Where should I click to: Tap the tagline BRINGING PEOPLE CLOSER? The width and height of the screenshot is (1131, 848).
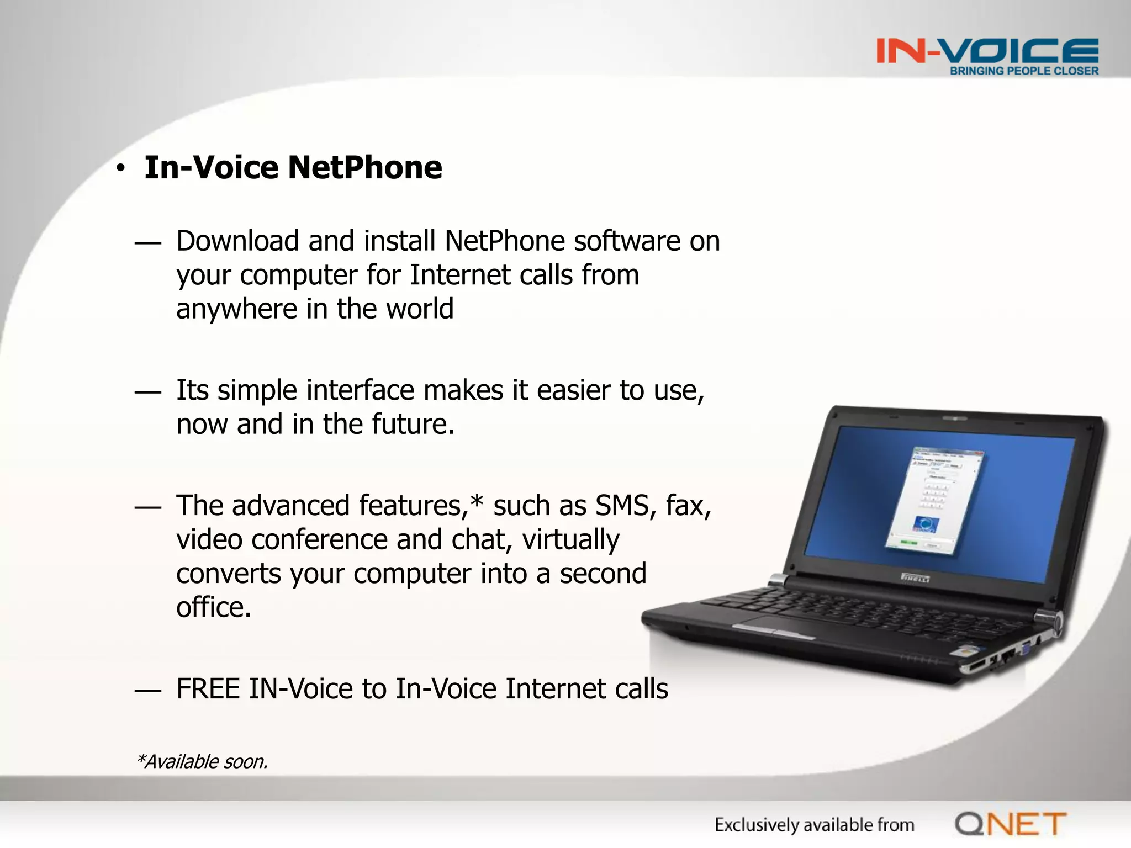[x=1024, y=71]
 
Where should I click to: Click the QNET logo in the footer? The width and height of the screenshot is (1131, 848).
[x=1011, y=824]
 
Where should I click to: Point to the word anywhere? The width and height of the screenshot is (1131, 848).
[x=236, y=309]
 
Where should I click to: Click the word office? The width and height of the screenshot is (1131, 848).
[x=213, y=607]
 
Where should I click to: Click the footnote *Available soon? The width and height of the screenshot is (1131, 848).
[x=202, y=761]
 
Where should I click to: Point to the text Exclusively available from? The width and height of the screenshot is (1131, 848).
[x=814, y=825]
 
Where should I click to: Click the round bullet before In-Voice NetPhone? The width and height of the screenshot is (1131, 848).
[x=121, y=169]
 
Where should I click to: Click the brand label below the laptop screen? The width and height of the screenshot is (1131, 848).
[x=915, y=578]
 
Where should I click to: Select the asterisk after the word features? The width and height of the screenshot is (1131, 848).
[x=476, y=501]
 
